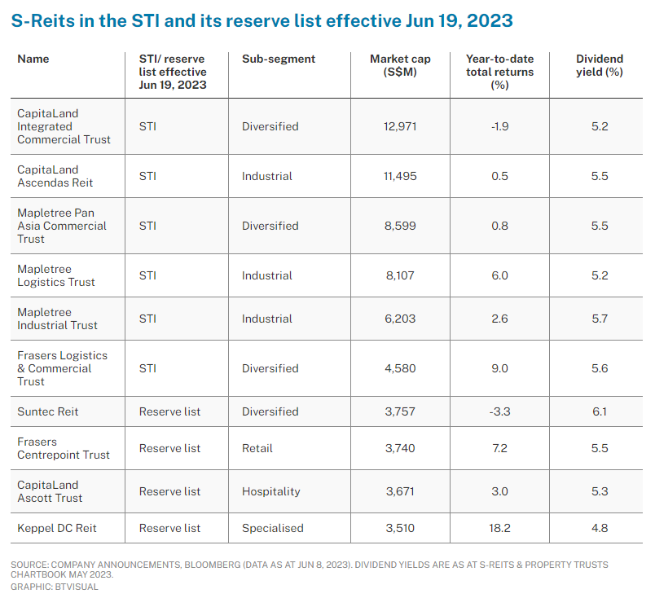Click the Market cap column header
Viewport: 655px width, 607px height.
pos(400,65)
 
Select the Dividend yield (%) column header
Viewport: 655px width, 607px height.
pos(600,65)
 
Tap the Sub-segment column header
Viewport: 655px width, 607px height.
pos(279,59)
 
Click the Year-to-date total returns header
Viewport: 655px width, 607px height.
pos(499,72)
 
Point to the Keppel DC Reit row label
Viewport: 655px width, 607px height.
pos(57,528)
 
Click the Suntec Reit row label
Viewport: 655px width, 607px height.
pos(48,411)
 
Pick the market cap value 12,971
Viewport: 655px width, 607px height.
pos(400,126)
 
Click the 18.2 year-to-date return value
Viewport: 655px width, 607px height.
pos(499,528)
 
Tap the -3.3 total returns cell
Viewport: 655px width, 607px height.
pos(499,411)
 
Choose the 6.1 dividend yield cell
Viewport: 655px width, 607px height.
pos(600,411)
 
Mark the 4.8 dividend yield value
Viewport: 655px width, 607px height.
pos(600,528)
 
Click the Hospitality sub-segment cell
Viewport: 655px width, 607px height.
pos(270,491)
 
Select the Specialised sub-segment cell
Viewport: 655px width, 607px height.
pos(272,528)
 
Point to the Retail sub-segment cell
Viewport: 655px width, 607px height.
pos(257,448)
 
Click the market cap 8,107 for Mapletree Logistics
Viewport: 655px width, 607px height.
pos(400,275)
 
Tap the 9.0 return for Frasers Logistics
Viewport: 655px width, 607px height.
pos(499,368)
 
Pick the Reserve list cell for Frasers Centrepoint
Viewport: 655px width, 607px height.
pos(169,448)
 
